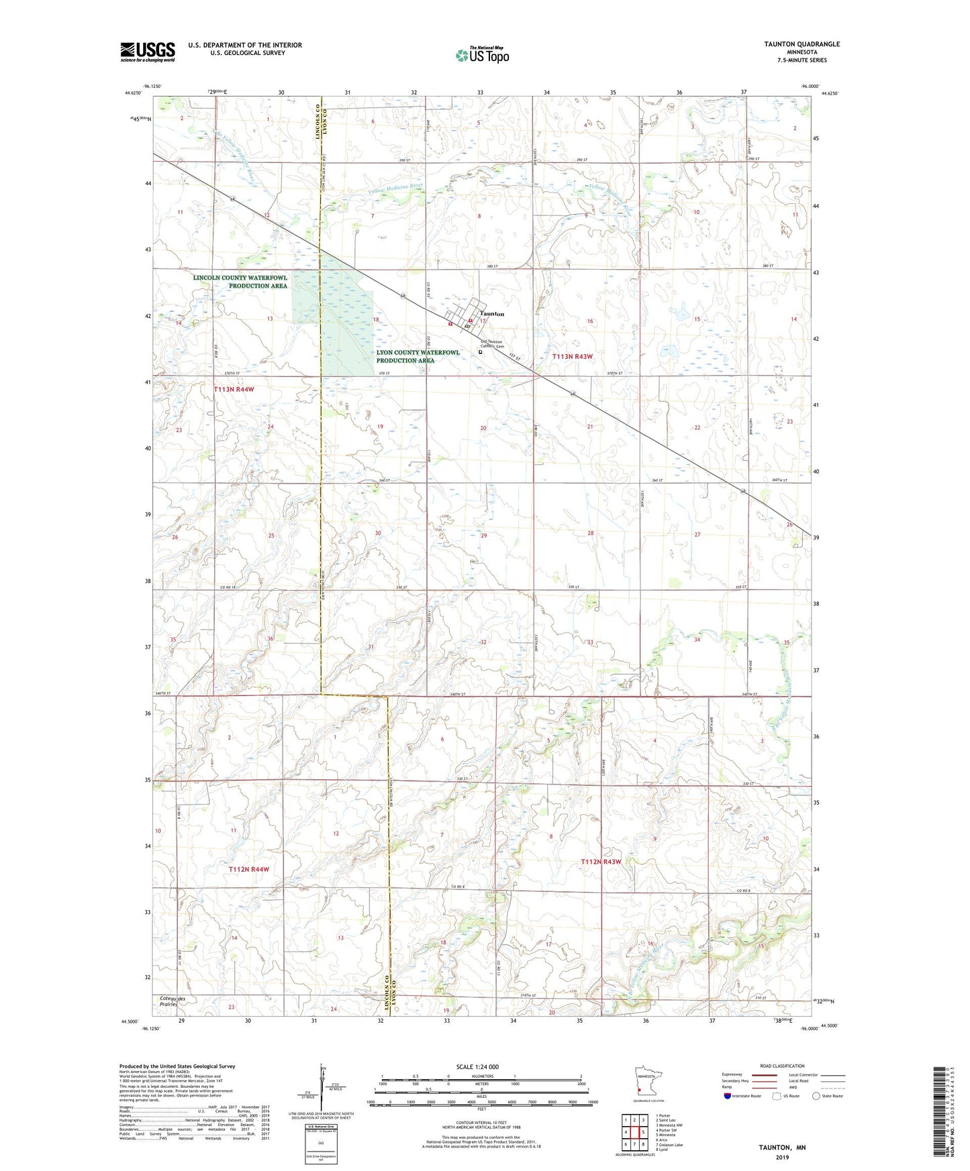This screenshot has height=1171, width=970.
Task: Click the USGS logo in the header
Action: tap(148, 52)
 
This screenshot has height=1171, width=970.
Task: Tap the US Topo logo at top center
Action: tap(482, 55)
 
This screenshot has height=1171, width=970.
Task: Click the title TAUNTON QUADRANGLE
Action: tap(802, 44)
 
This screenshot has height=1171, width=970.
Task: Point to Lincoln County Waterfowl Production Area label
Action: tap(240, 282)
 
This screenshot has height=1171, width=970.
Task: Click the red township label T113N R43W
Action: tap(572, 357)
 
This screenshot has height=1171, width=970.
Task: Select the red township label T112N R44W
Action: tap(248, 869)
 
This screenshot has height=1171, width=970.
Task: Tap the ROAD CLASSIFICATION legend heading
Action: tap(782, 1066)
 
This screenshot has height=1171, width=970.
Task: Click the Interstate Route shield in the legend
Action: tap(728, 1096)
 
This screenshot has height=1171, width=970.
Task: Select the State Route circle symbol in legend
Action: tap(816, 1096)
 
